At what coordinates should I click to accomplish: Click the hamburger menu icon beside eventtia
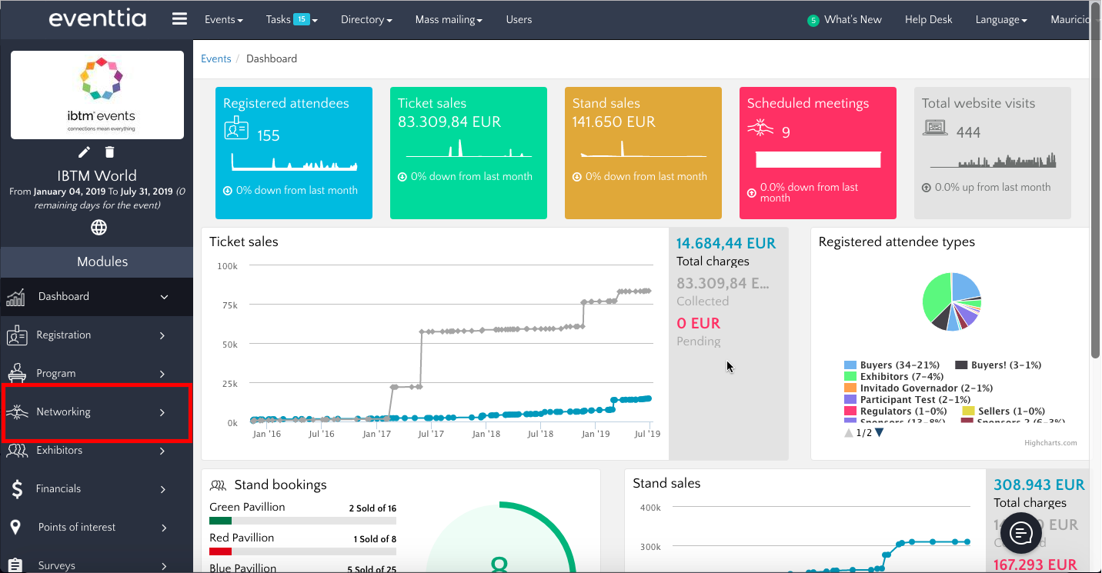179,19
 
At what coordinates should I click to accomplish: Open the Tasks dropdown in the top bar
291,20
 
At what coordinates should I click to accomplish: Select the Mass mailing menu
449,20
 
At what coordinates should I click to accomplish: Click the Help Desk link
928,20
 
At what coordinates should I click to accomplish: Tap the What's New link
852,20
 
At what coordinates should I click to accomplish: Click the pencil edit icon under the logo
85,152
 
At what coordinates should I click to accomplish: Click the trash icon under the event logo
110,152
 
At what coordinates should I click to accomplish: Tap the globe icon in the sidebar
99,227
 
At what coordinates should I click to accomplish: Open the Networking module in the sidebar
96,412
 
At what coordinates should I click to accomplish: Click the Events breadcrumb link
215,59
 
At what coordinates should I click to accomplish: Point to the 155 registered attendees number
269,136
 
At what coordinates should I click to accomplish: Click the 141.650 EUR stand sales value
613,122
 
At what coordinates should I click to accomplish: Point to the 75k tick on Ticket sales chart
228,305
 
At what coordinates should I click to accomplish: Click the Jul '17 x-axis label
430,435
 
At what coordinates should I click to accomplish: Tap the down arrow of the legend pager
879,433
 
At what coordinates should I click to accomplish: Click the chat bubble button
1020,532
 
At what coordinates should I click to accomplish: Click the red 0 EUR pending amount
698,324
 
